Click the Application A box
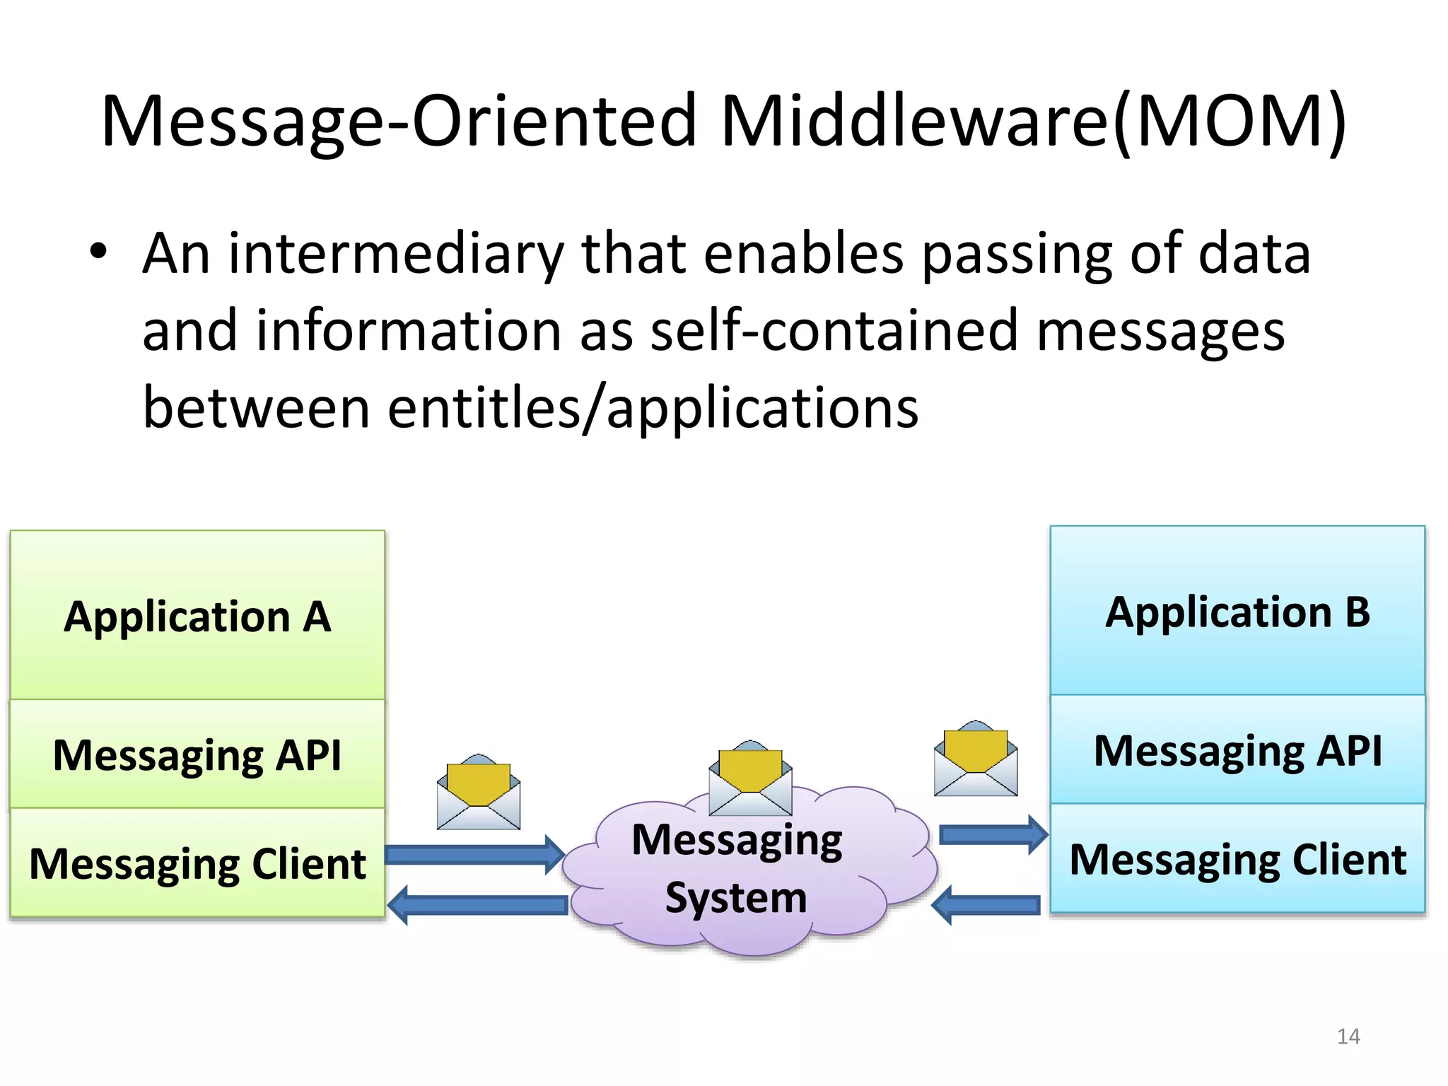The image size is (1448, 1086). [x=197, y=615]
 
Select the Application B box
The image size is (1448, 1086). [x=1237, y=611]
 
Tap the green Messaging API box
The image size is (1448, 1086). [x=197, y=754]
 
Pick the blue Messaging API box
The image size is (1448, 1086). [x=1237, y=749]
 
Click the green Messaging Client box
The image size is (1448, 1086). [x=197, y=863]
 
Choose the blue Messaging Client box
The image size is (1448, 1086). [x=1237, y=858]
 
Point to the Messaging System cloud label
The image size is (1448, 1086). [x=737, y=868]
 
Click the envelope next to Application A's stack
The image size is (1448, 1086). [x=479, y=793]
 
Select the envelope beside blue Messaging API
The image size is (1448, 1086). [x=976, y=760]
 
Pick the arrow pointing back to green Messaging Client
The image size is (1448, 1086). [x=478, y=905]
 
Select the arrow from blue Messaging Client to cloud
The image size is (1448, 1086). [x=986, y=905]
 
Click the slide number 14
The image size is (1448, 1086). [x=1348, y=1037]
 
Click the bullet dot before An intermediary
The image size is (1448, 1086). [x=98, y=252]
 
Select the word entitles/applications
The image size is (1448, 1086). [x=653, y=408]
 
